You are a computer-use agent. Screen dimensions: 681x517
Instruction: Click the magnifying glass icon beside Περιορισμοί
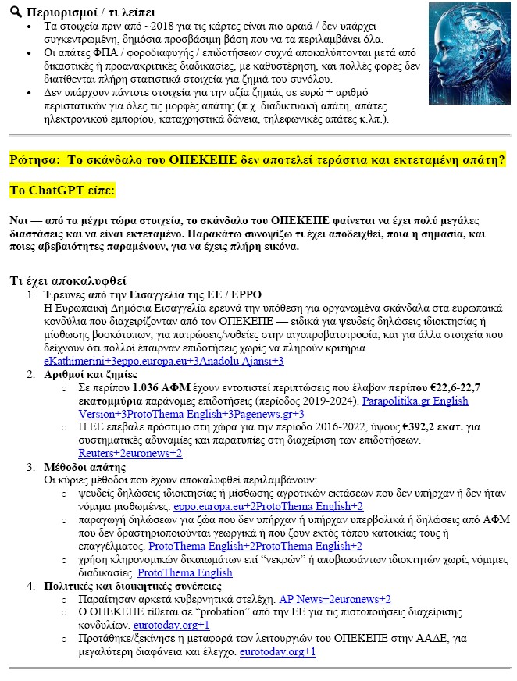[15, 12]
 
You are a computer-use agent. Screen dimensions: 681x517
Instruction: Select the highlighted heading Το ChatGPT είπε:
[62, 190]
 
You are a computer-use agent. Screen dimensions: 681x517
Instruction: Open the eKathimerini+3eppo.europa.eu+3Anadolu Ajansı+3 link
[163, 362]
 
